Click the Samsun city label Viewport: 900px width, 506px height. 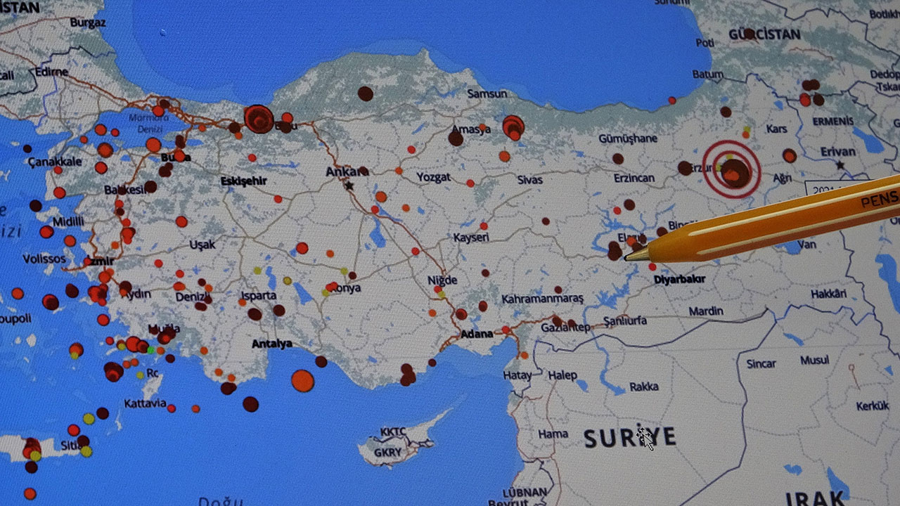pyautogui.click(x=487, y=93)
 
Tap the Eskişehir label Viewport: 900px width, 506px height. pyautogui.click(x=243, y=181)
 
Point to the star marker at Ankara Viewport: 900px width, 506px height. pyautogui.click(x=349, y=186)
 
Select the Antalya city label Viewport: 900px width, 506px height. pyautogui.click(x=271, y=344)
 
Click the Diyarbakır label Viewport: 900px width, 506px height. pyautogui.click(x=679, y=279)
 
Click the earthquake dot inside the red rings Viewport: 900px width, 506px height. pyautogui.click(x=733, y=171)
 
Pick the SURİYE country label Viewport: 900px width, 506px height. pyautogui.click(x=629, y=438)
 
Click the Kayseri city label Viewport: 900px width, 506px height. pyautogui.click(x=470, y=238)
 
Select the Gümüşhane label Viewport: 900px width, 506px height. pyautogui.click(x=628, y=138)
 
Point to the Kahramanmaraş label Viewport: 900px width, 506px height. pyautogui.click(x=542, y=299)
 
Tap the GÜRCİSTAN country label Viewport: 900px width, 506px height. pyautogui.click(x=764, y=34)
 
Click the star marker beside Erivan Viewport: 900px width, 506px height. pyautogui.click(x=840, y=166)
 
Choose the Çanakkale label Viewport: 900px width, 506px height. pyautogui.click(x=55, y=162)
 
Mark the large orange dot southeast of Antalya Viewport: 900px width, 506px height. pyautogui.click(x=302, y=380)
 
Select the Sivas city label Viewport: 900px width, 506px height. pyautogui.click(x=529, y=180)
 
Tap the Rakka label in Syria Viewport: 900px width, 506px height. pyautogui.click(x=643, y=387)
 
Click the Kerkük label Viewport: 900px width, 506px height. pyautogui.click(x=872, y=406)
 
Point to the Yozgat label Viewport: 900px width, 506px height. pyautogui.click(x=433, y=177)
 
